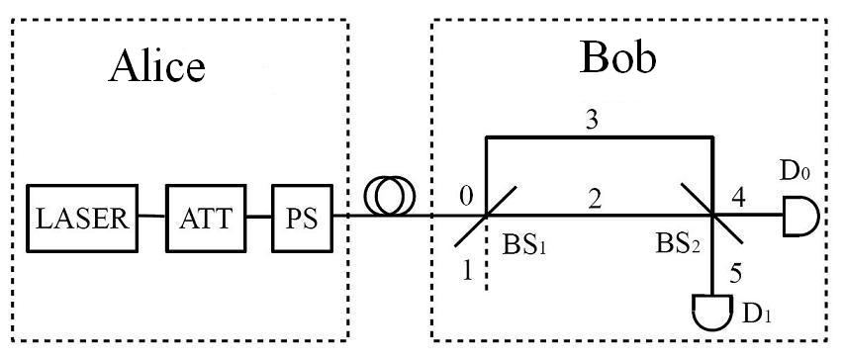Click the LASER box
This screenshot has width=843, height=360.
coord(84,218)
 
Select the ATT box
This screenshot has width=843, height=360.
coord(207,218)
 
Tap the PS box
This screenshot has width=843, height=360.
coord(304,218)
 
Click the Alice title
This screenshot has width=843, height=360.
coord(158,66)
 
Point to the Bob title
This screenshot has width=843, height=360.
coord(616,60)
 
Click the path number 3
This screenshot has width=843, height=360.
coord(593,120)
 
